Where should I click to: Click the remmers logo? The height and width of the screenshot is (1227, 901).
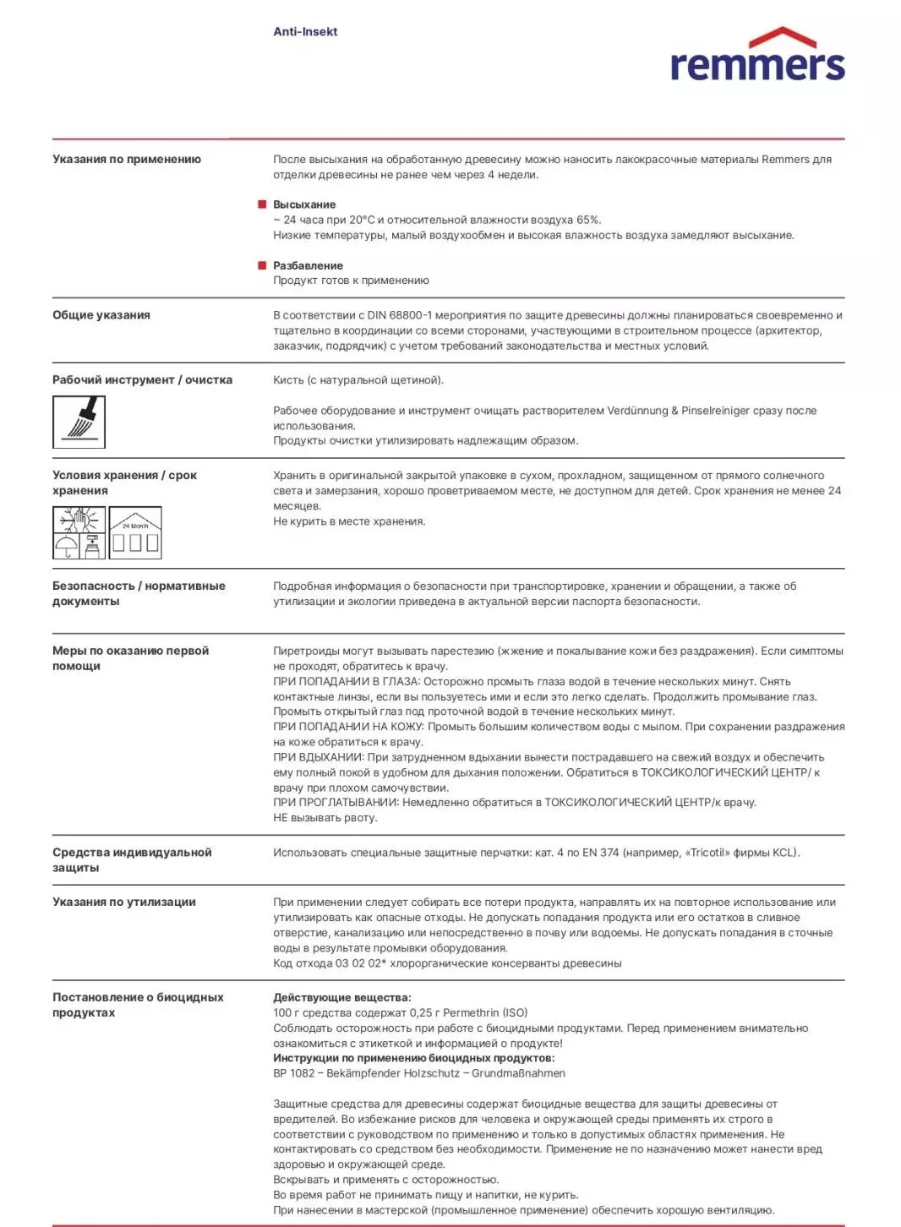[757, 57]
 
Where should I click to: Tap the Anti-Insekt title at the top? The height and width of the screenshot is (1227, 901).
[305, 32]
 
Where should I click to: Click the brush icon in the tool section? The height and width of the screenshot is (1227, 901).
[79, 422]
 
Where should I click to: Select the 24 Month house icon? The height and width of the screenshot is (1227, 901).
[135, 533]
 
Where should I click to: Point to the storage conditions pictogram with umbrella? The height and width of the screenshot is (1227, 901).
[79, 533]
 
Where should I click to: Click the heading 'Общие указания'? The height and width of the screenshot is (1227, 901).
[101, 315]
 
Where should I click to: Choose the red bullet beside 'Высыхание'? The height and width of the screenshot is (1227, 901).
[262, 204]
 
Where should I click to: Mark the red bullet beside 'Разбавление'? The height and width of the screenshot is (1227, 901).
[262, 265]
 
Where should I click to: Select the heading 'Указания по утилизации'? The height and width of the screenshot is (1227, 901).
[124, 902]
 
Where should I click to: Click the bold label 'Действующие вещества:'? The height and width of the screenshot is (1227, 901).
[342, 997]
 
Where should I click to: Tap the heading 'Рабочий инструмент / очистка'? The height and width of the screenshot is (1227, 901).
[142, 380]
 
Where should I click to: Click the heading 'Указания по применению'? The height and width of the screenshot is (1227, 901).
[127, 159]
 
